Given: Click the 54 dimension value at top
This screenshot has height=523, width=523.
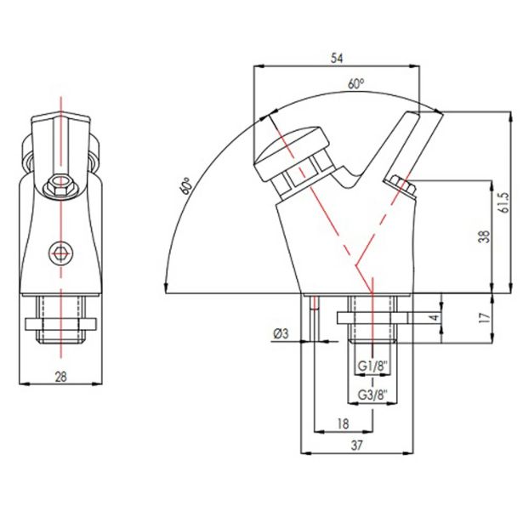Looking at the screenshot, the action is pos(337,58).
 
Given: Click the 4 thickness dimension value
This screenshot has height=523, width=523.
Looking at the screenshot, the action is pos(435,317).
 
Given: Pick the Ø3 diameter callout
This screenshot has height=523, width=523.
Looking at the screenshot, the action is pos(281,333).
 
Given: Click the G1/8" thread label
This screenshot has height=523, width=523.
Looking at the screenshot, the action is pos(373,367).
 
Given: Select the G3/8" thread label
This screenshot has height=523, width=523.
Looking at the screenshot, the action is pos(373,395).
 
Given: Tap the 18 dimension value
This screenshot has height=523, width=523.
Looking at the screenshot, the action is pos(343,424).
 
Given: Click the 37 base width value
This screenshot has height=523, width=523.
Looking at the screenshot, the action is pos(356,446).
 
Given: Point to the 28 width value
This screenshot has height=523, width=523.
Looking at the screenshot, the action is pos(60,377).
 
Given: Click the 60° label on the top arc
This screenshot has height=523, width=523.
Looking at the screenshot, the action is pos(355,83).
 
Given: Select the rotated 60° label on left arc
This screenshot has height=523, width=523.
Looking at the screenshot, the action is pos(185,185).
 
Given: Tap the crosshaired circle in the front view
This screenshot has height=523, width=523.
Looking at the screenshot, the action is pos(60,253).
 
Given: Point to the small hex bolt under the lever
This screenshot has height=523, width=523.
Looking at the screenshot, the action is pos(402,186).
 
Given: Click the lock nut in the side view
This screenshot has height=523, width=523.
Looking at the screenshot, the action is pos(372,318).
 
